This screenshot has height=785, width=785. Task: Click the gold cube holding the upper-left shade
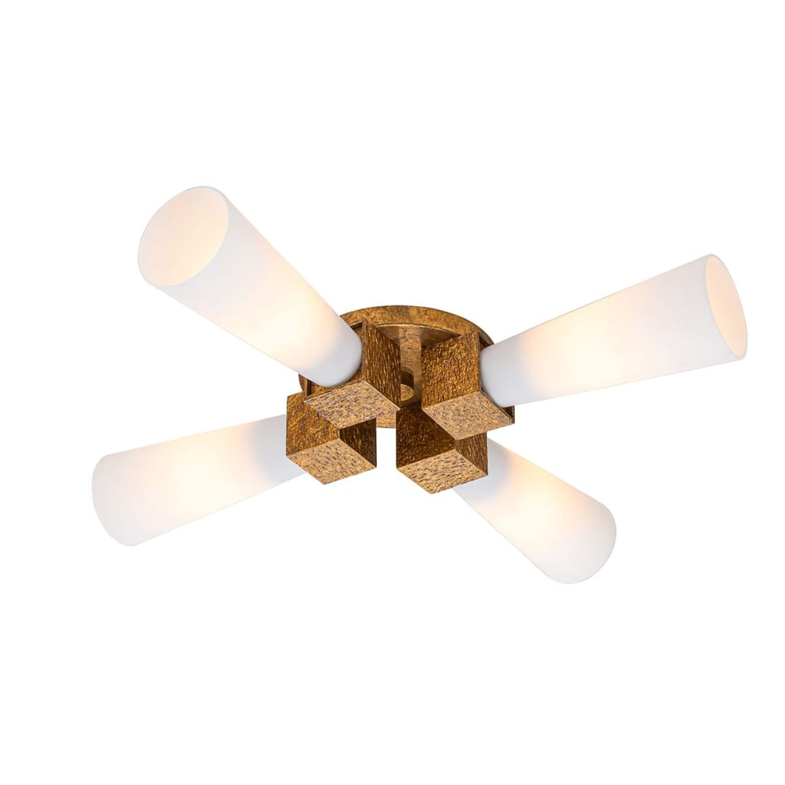tap(365, 377)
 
